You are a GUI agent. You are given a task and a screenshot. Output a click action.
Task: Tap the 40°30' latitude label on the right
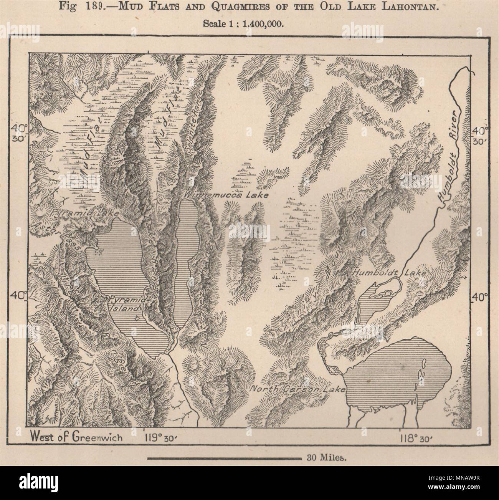[x=480, y=136]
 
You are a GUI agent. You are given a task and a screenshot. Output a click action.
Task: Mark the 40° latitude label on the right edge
[x=480, y=297]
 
